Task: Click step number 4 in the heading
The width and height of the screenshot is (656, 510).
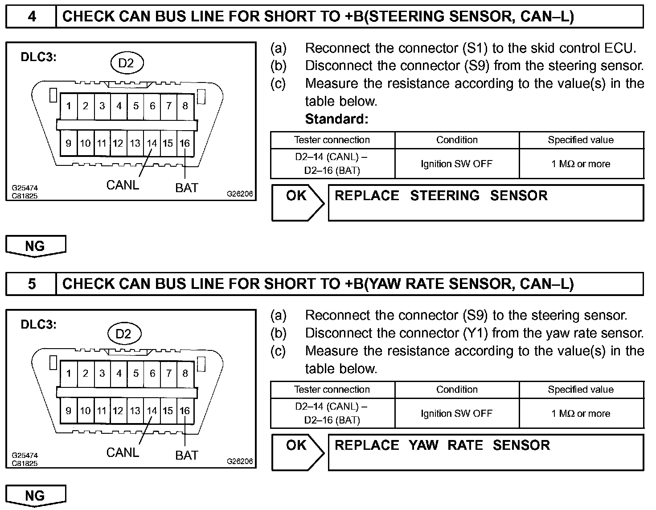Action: [x=32, y=16]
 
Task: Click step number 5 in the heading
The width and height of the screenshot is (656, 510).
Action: [x=32, y=284]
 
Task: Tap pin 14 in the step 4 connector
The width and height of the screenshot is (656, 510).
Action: [x=152, y=143]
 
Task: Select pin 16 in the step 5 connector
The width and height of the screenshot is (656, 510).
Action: [x=185, y=411]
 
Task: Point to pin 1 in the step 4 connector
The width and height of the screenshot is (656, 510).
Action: [x=69, y=106]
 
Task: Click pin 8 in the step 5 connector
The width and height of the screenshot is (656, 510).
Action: [x=185, y=373]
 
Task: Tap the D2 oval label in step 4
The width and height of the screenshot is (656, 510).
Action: [x=126, y=63]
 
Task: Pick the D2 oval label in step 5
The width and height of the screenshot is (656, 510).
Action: [x=124, y=333]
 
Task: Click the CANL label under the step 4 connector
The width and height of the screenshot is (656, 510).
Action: [x=123, y=185]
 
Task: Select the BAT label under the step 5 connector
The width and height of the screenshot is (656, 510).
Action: [x=187, y=455]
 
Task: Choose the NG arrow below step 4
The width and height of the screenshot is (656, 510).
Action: [x=35, y=246]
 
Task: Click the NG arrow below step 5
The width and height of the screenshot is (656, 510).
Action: [x=35, y=496]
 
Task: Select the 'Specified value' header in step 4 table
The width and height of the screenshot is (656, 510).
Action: [x=581, y=140]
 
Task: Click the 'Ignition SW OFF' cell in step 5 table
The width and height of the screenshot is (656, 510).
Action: [x=456, y=413]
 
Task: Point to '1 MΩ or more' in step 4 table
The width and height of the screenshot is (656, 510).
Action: [x=581, y=164]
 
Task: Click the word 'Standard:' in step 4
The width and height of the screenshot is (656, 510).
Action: [x=337, y=119]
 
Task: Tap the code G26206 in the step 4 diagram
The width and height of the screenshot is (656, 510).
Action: [x=240, y=194]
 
